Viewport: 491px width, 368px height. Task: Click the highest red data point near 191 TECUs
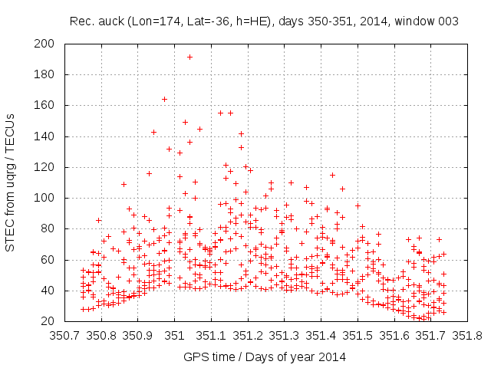tap(189, 57)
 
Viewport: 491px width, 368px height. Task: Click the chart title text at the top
tap(264, 21)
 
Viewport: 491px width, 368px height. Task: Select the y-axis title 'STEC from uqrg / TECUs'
tap(11, 182)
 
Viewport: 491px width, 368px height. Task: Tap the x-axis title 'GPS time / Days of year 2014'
tap(264, 356)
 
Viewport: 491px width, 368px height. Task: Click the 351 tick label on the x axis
tap(174, 335)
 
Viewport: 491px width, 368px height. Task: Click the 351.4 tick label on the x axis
tap(321, 335)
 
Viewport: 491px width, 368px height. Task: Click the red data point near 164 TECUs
tap(164, 99)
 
